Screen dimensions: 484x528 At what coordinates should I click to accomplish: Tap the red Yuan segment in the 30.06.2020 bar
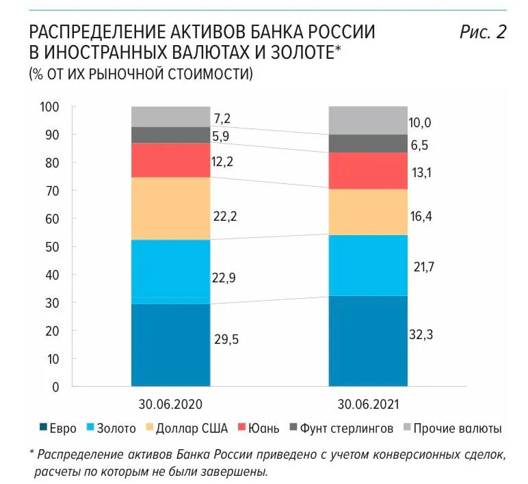[x=170, y=160]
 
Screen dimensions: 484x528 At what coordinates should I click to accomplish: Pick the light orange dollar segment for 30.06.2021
[x=368, y=212]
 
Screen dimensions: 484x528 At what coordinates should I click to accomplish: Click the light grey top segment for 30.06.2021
[x=368, y=120]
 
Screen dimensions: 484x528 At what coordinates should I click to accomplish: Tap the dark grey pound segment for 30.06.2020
[x=170, y=135]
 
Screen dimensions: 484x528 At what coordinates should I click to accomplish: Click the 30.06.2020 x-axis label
[x=170, y=403]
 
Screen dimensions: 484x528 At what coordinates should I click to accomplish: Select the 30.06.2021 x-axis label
[x=368, y=403]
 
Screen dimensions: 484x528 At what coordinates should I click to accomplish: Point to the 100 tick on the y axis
[x=51, y=107]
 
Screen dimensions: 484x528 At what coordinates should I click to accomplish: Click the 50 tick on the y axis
[x=53, y=247]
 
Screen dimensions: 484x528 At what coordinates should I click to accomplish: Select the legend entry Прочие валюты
[x=465, y=429]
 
